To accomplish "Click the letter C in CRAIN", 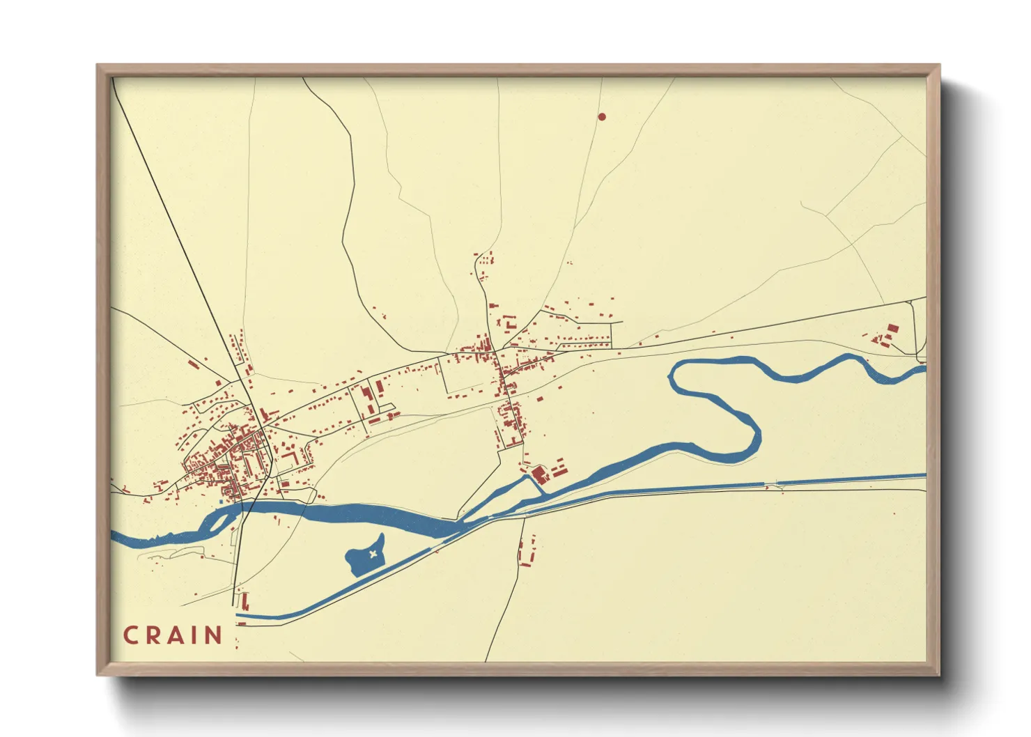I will tap(130, 635).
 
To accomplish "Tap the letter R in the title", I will tap(153, 635).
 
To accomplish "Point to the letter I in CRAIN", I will tap(194, 635).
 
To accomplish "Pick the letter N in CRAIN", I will tap(212, 635).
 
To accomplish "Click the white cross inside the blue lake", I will tap(373, 554).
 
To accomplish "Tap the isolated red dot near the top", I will tap(602, 117).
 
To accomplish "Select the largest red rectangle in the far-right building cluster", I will tap(892, 328).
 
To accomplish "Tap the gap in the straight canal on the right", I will tap(770, 482).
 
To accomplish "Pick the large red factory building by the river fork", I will tap(538, 474).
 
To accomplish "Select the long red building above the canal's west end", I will tap(245, 600).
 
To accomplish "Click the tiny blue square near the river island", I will tap(221, 501).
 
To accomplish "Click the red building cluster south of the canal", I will tap(527, 550).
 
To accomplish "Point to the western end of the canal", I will tap(239, 616).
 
